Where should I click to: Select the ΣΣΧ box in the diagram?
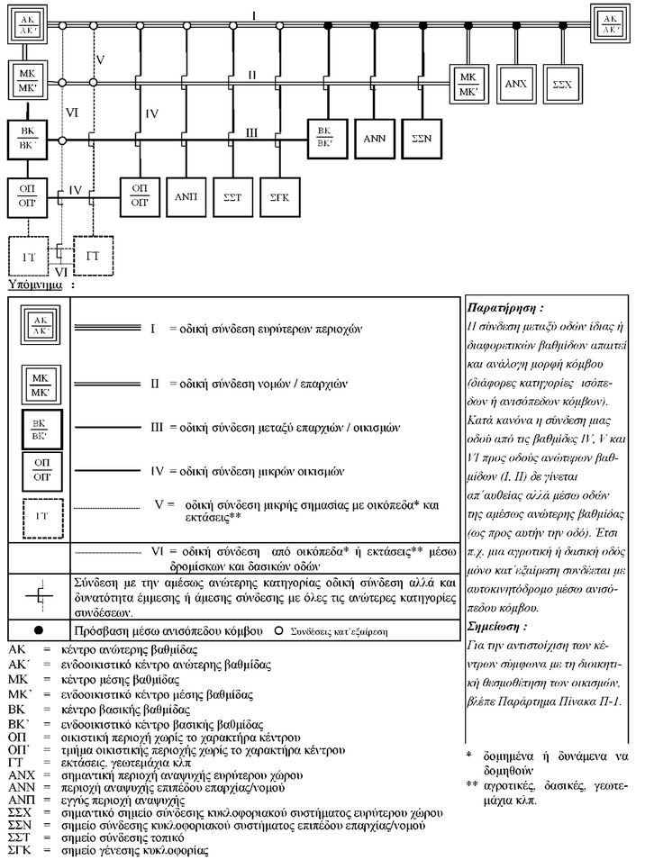[x=562, y=82]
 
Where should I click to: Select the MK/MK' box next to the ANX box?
[x=468, y=82]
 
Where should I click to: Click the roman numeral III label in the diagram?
[x=253, y=132]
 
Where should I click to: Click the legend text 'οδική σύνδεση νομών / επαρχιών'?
[x=270, y=385]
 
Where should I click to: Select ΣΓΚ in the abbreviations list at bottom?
[x=21, y=848]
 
